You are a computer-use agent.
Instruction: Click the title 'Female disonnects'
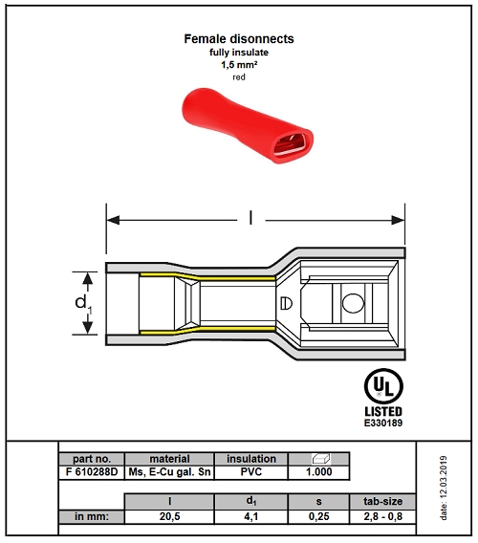239,39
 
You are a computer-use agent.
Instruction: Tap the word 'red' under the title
239,77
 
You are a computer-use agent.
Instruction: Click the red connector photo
248,125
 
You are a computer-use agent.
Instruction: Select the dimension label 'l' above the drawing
250,219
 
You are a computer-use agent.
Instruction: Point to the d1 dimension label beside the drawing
83,304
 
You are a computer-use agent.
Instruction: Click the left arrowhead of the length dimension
113,220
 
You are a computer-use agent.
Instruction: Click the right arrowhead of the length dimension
398,220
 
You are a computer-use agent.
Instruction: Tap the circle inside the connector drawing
353,303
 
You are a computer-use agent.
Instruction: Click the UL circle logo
383,386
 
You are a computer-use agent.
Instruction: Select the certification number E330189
383,423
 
